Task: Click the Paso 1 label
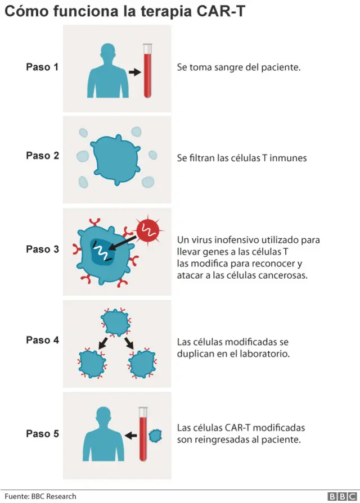tap(42, 67)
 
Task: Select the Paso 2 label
tap(42, 156)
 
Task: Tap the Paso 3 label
tap(42, 249)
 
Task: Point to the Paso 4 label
tap(42, 340)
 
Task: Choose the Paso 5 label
tap(42, 433)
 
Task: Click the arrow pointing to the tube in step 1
tap(134, 72)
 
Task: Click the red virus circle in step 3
tap(148, 230)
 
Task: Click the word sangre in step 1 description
tap(226, 67)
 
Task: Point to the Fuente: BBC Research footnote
tap(40, 496)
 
